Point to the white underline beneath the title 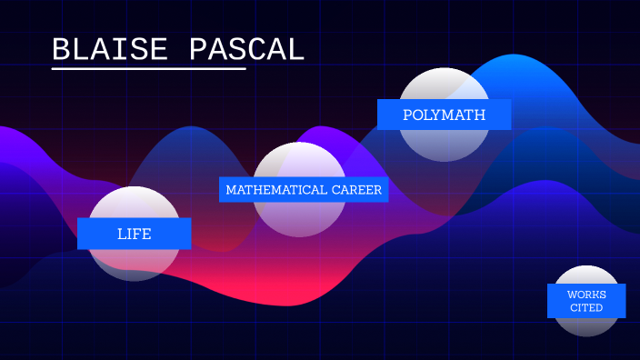[149, 69]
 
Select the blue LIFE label [134, 234]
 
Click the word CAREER [357, 190]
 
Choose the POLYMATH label [444, 115]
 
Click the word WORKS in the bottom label [586, 295]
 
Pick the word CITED [586, 308]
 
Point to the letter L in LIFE [121, 234]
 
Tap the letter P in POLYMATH [407, 115]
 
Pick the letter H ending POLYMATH [480, 115]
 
